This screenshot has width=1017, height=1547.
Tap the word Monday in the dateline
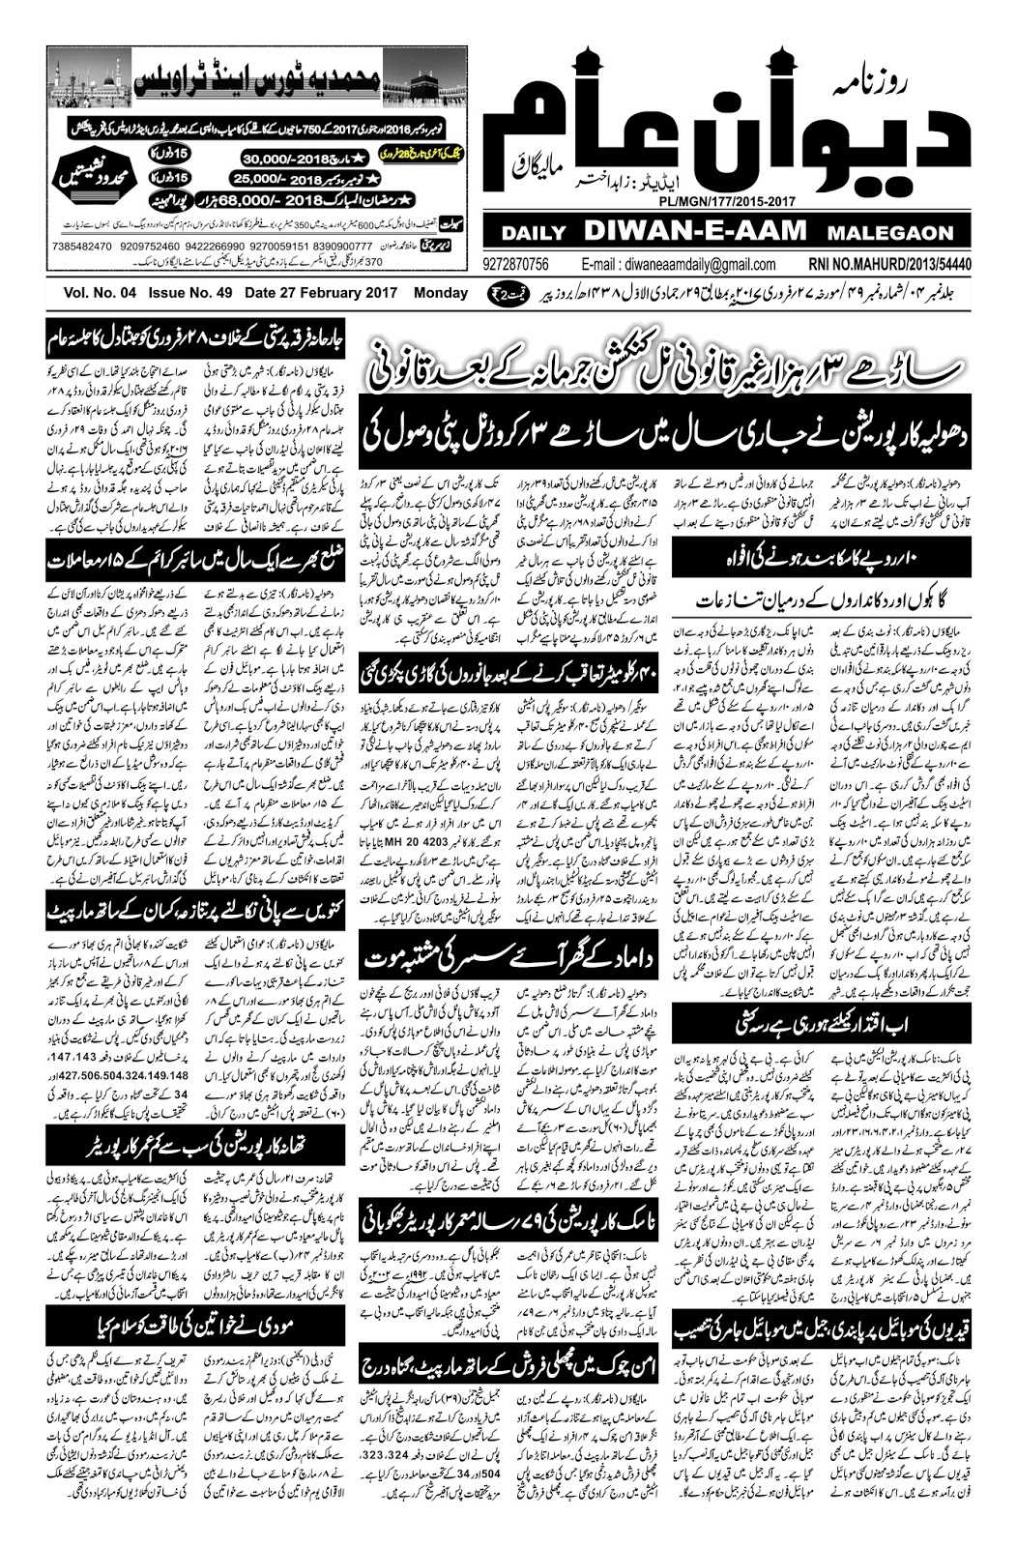coord(440,293)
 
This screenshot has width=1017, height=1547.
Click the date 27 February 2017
coord(325,293)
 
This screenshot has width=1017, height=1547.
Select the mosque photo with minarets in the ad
coord(90,77)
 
